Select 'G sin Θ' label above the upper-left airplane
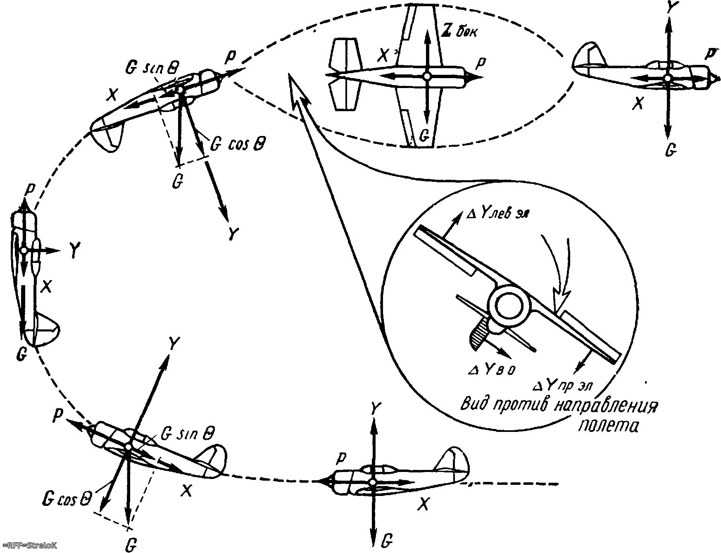point(151,69)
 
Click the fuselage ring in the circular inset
point(509,306)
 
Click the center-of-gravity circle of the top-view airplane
point(427,76)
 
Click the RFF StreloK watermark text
point(29,546)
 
